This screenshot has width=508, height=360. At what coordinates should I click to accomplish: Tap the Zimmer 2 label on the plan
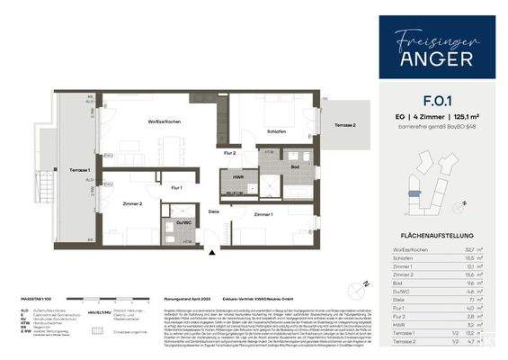(x=134, y=204)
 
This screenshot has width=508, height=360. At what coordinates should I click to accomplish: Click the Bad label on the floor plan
(x=294, y=166)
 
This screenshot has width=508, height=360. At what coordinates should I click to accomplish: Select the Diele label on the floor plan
(x=213, y=212)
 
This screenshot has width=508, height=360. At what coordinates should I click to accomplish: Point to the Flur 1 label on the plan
(x=176, y=187)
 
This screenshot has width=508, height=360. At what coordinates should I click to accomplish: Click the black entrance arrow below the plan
(x=211, y=255)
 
